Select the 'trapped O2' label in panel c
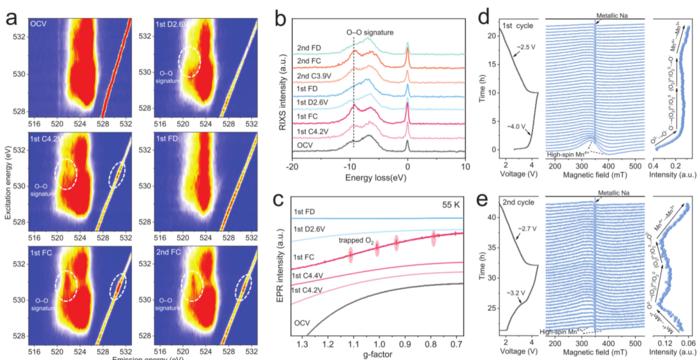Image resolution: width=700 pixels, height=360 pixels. tap(352, 239)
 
